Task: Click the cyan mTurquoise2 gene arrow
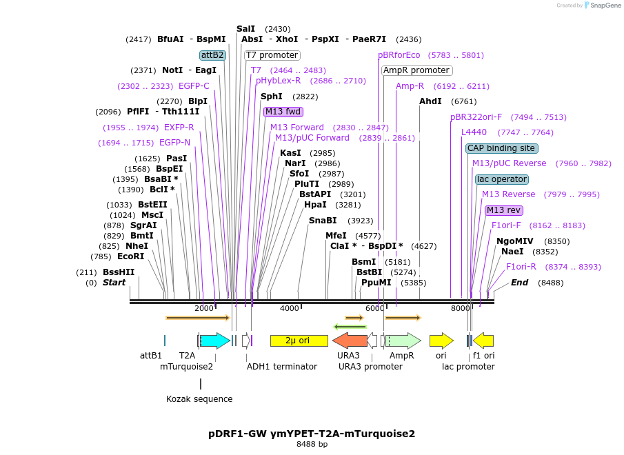[214, 341]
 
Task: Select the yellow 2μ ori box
[299, 341]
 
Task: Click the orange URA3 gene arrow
[350, 341]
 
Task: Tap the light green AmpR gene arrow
[403, 341]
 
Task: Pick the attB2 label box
[212, 55]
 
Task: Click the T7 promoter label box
[272, 55]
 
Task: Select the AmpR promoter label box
[416, 70]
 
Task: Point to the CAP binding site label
[501, 148]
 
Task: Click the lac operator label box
[501, 179]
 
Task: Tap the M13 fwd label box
[283, 112]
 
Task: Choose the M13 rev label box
[503, 210]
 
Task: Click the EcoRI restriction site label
[130, 256]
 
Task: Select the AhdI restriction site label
[430, 101]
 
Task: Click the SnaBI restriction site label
[323, 221]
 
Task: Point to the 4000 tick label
[289, 308]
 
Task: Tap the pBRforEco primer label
[399, 55]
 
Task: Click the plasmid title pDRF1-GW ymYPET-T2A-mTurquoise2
[312, 434]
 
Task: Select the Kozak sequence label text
[199, 399]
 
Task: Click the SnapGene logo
[602, 6]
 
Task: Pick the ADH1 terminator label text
[282, 367]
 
